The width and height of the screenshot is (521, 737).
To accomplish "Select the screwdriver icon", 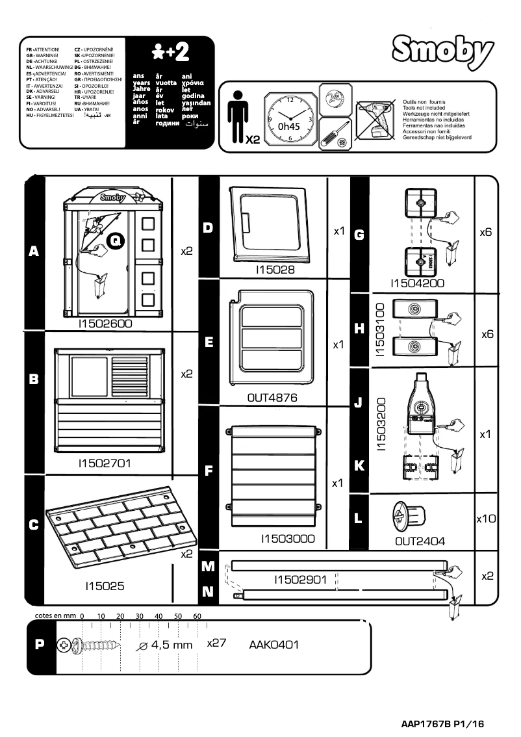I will (337, 134).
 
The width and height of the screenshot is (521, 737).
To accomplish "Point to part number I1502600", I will (105, 322).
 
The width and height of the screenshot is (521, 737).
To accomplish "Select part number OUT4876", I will (272, 398).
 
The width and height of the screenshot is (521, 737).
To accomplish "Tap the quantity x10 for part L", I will (486, 519).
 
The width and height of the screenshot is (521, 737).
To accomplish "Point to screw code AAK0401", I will (273, 645).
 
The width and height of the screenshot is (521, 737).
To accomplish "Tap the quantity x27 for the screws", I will (216, 643).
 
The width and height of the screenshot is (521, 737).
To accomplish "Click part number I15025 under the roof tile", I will (105, 586).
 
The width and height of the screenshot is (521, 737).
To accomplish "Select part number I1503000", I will (288, 538).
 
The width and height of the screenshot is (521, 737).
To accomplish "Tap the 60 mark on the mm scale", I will (197, 615).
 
